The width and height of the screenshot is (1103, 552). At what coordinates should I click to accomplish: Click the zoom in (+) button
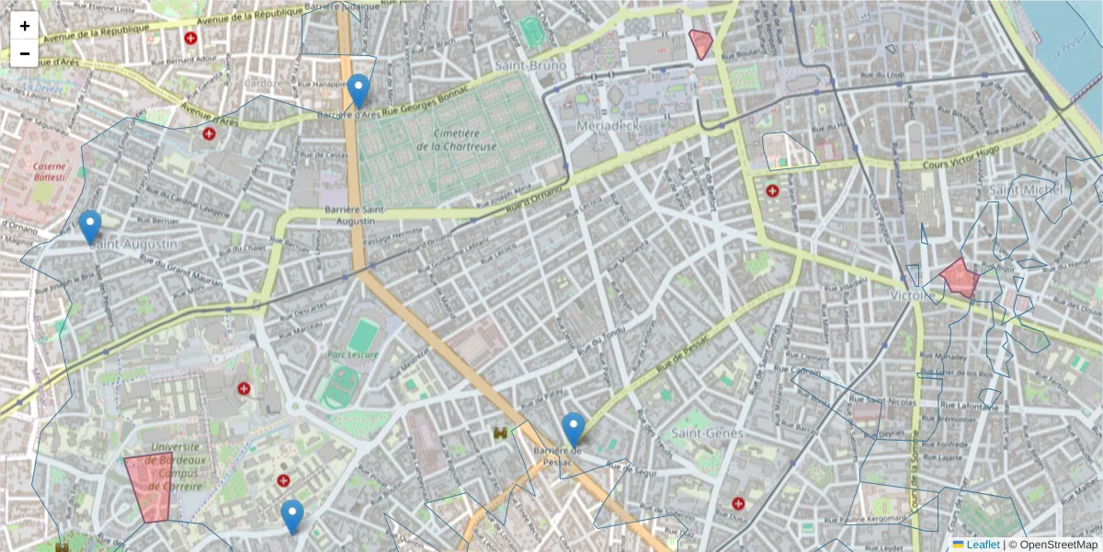25,26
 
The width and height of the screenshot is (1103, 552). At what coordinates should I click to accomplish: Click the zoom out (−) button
25,53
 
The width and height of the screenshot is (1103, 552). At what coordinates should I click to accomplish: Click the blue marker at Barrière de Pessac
574,430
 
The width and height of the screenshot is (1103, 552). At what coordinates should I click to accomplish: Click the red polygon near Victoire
959,278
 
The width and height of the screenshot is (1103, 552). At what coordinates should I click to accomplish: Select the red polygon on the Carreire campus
148,488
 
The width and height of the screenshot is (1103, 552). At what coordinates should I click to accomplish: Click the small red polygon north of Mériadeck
701,43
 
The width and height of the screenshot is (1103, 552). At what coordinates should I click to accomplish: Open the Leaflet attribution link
983,545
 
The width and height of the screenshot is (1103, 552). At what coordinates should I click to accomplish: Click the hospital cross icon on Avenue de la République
190,39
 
